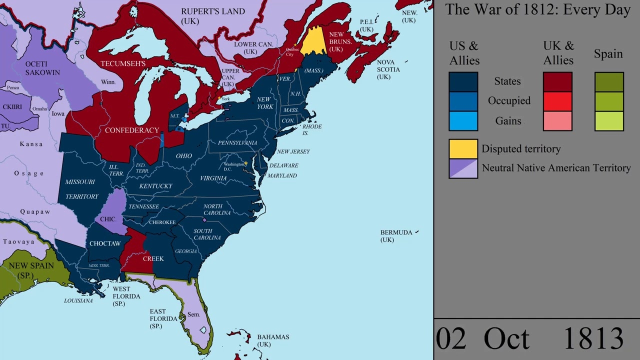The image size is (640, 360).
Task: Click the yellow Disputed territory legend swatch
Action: point(463,148)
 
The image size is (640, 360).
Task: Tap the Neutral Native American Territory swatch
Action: point(463,168)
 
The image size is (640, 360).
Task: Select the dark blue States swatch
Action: point(463,81)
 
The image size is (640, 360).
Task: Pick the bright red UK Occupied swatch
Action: point(557,101)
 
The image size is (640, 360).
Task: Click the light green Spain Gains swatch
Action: point(609,121)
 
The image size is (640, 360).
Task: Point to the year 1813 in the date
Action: point(593,339)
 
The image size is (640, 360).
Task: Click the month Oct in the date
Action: point(506,339)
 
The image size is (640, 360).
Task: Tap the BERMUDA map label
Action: point(396,232)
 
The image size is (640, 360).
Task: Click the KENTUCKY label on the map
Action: point(155,186)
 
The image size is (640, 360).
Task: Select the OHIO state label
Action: point(183,156)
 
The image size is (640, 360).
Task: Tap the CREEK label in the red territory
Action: point(153,258)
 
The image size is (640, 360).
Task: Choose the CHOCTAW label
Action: point(105,243)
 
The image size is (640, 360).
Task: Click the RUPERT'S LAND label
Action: point(213,11)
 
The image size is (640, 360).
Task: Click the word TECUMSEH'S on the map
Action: point(123,63)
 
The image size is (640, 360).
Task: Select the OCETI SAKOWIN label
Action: point(42,68)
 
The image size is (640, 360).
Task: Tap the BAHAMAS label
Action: point(273,337)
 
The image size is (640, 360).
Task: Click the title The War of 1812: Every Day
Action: point(537,9)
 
